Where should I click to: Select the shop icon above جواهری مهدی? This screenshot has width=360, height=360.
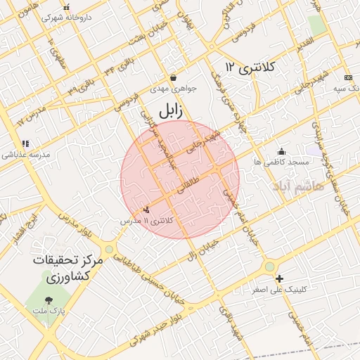(173, 77)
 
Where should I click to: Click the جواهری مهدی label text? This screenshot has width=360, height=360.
(174, 89)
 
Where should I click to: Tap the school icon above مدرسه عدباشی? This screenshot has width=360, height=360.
(25, 143)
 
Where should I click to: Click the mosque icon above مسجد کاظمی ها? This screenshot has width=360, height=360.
(281, 150)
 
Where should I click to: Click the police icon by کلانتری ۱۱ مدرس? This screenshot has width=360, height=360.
(146, 210)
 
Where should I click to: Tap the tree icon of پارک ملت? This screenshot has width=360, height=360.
(49, 299)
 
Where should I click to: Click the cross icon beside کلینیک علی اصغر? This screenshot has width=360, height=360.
(280, 278)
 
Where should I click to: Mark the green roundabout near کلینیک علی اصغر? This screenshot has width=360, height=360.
(270, 266)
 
